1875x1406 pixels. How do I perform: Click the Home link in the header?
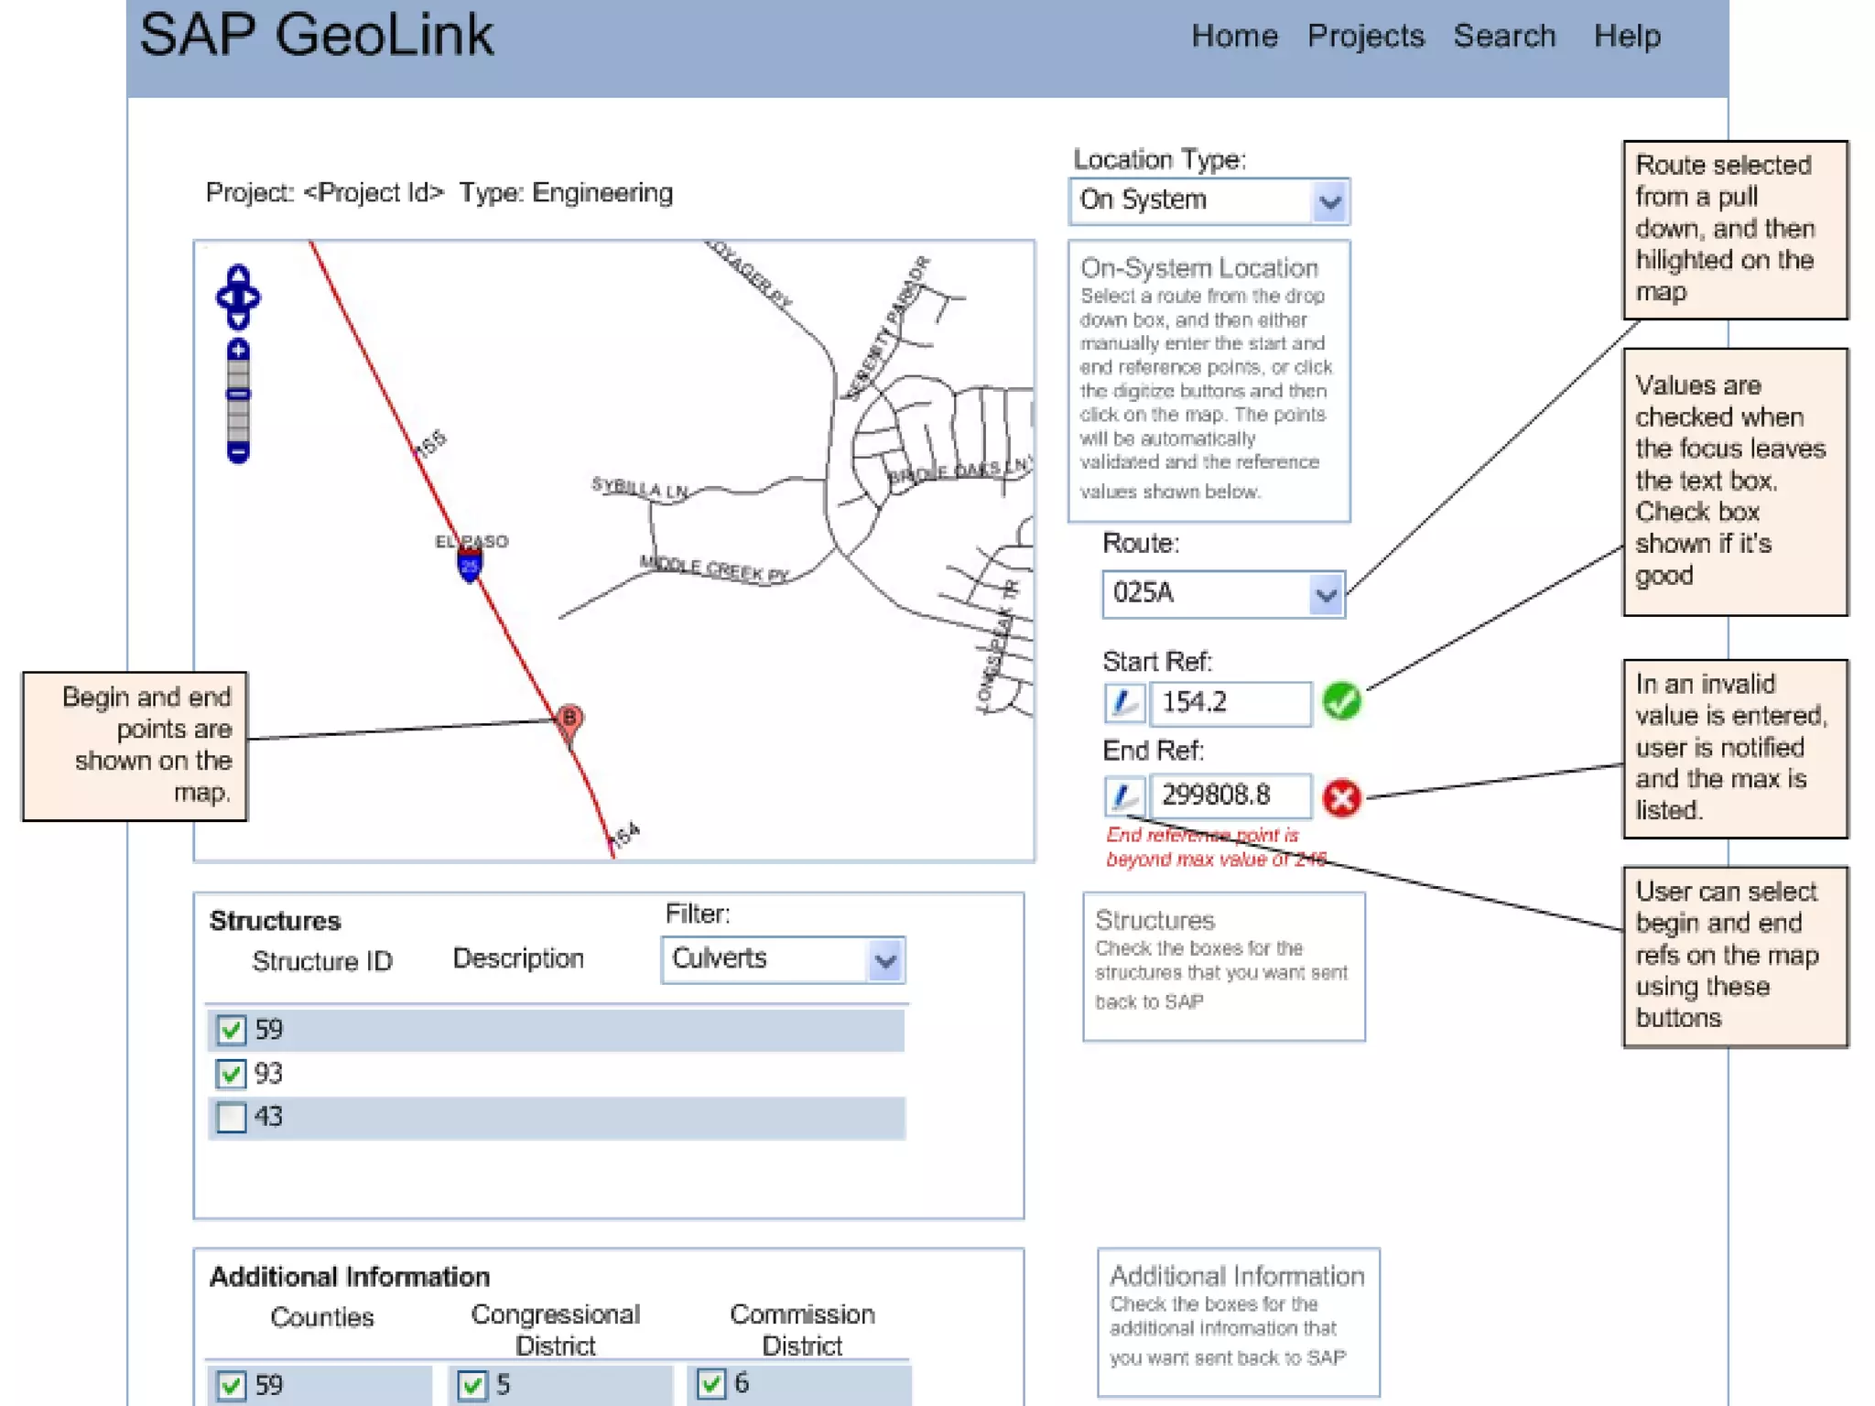click(x=1233, y=36)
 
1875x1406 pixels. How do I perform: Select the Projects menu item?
click(x=1364, y=36)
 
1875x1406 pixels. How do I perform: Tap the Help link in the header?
click(x=1626, y=36)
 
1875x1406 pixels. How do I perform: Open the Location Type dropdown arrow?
click(x=1329, y=201)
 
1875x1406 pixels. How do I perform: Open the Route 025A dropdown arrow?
click(x=1325, y=595)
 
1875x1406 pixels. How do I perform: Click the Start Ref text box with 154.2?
click(x=1230, y=703)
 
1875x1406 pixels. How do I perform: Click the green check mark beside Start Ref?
click(x=1341, y=702)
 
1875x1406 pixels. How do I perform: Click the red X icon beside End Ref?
click(x=1341, y=798)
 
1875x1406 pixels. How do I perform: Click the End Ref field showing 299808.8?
click(x=1230, y=795)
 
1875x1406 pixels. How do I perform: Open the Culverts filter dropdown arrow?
click(x=884, y=960)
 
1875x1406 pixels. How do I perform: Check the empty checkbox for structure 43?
click(x=232, y=1118)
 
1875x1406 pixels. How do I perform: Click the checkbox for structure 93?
click(x=232, y=1074)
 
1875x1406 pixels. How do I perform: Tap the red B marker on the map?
click(x=569, y=719)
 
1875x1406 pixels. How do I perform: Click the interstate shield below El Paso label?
click(x=470, y=566)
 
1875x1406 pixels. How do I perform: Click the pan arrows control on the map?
click(x=238, y=297)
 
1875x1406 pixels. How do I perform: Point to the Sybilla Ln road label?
click(x=639, y=488)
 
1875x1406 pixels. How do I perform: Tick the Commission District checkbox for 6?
click(x=711, y=1383)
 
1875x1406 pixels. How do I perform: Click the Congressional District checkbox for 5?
click(x=472, y=1385)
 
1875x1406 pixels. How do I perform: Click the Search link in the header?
click(x=1503, y=36)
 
